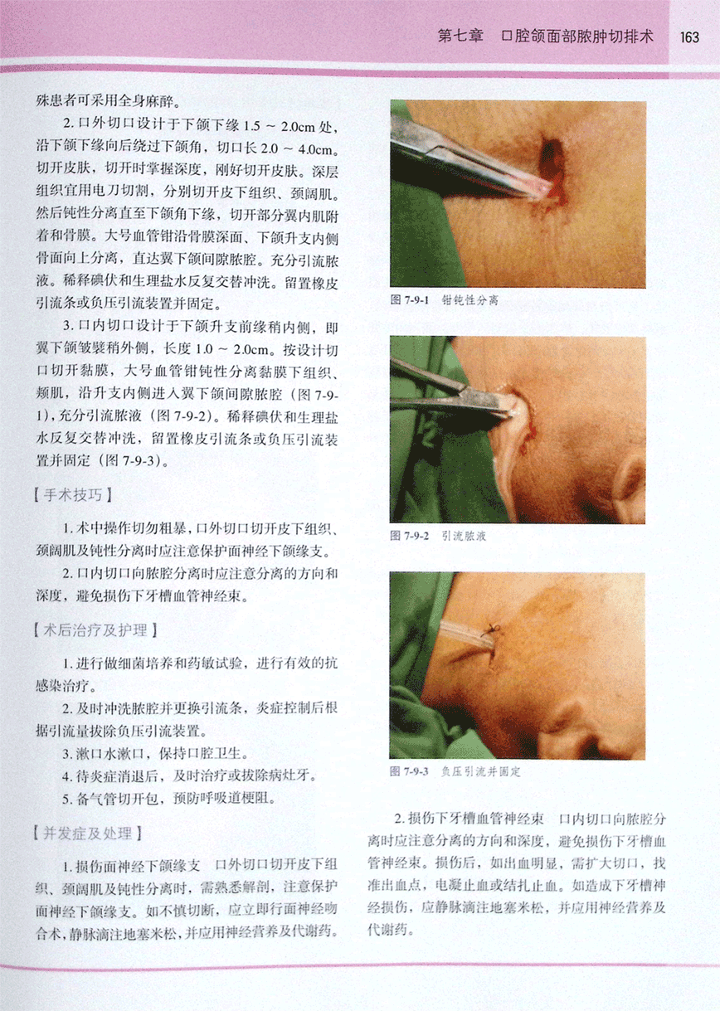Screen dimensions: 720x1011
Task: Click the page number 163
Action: (689, 37)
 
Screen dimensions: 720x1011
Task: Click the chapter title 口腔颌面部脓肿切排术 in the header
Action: (577, 36)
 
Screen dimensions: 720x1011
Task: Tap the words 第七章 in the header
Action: (460, 36)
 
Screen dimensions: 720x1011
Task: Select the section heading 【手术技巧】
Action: (73, 495)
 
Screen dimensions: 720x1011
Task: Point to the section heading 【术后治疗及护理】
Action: (95, 630)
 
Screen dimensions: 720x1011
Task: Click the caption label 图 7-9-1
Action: (410, 300)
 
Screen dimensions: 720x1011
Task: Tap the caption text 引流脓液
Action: (464, 536)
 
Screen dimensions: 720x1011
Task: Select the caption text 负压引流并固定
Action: (481, 771)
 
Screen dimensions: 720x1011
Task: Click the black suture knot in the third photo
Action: (493, 628)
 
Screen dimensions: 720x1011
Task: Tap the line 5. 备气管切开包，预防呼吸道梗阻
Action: (169, 799)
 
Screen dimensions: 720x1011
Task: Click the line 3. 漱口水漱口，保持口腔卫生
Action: (156, 753)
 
